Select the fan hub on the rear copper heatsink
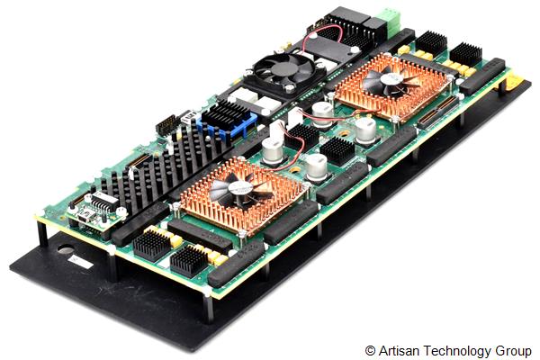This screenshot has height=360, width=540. [394, 80]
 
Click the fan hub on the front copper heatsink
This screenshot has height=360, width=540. [241, 188]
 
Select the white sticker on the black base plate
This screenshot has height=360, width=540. [79, 260]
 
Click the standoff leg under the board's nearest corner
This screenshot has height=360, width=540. [208, 305]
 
